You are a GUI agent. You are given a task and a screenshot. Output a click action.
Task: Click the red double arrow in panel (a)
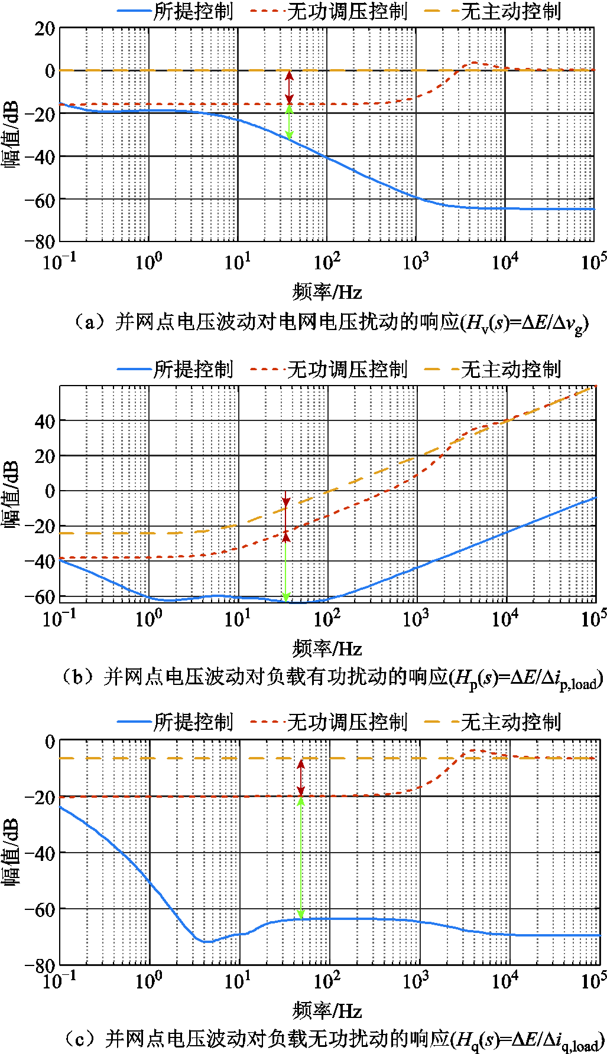pos(289,87)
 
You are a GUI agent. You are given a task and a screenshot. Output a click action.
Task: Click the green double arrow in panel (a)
pos(289,122)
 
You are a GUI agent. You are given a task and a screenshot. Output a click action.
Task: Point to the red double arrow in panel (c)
pos(300,778)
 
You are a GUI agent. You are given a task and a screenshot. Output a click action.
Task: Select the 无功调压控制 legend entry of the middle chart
pos(329,370)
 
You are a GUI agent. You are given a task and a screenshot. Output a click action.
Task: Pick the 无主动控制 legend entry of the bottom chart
pos(493,722)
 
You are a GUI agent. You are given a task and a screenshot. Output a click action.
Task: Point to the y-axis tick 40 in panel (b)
pos(44,421)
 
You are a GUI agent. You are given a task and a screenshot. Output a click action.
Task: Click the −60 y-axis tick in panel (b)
pos(40,596)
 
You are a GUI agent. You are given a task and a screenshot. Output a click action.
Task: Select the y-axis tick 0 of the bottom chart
pos(50,742)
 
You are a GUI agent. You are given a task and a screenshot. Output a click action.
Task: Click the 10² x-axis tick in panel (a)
pos(327,262)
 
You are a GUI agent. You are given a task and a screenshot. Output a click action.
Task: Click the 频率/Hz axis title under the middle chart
pos(327,650)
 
